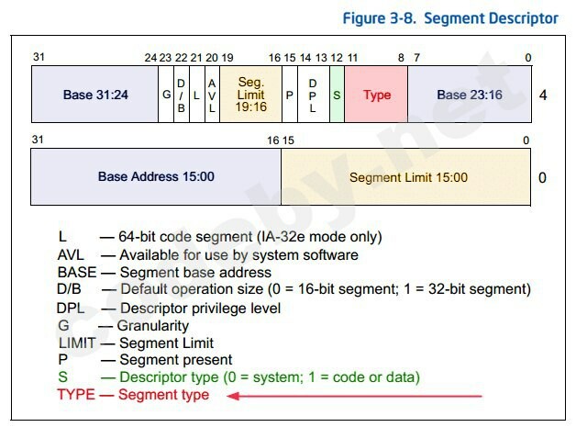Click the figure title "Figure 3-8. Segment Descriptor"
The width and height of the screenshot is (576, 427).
click(450, 18)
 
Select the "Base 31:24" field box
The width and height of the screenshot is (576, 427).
click(94, 95)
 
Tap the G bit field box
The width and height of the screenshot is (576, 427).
click(166, 95)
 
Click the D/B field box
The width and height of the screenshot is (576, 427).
click(182, 95)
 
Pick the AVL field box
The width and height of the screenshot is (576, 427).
click(212, 95)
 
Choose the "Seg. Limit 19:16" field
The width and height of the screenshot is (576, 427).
click(251, 95)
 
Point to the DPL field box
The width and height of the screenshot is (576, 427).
click(314, 95)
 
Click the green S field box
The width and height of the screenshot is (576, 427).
click(338, 95)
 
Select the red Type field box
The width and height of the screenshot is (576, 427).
click(376, 95)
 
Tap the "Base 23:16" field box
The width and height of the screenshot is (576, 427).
click(470, 95)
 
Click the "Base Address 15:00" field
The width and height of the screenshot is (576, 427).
click(156, 176)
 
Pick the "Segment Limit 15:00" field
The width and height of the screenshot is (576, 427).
click(406, 176)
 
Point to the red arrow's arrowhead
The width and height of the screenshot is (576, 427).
click(234, 396)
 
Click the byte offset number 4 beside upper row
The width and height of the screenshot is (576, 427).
click(543, 96)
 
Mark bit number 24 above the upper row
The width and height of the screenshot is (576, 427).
click(150, 58)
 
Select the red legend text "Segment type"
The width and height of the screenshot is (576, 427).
click(164, 395)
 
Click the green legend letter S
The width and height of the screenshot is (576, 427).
click(62, 377)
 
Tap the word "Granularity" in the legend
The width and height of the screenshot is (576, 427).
click(153, 326)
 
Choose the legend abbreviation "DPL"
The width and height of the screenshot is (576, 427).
click(71, 309)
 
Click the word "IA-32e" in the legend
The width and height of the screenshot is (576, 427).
click(282, 237)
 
